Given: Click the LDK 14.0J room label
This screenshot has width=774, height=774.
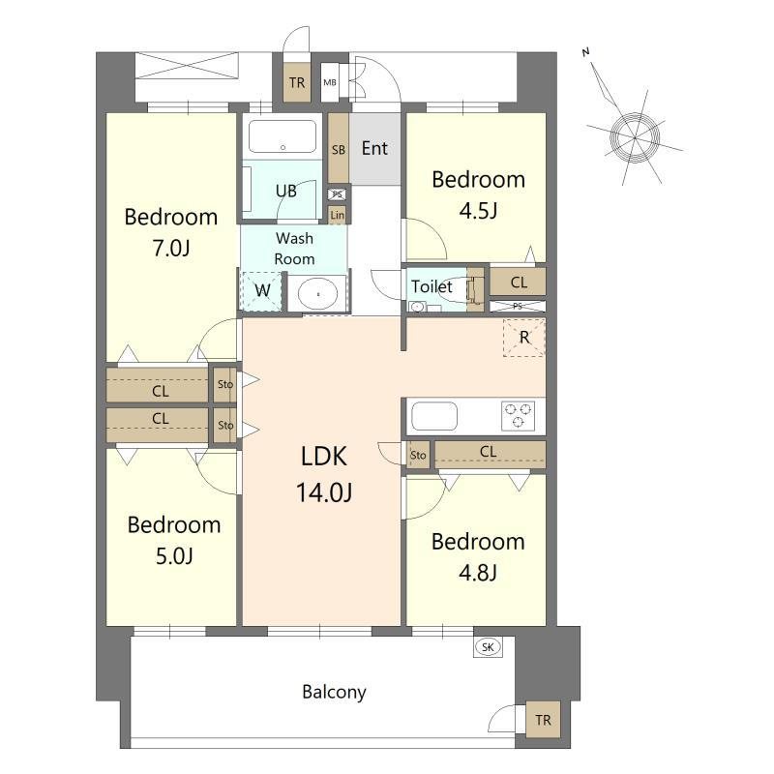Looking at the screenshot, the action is (324, 474).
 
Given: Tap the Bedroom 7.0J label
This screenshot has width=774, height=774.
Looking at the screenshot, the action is (171, 232).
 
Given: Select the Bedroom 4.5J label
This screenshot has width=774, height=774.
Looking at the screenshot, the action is (478, 194).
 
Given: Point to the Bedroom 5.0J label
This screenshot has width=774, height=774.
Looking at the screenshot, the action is (174, 540).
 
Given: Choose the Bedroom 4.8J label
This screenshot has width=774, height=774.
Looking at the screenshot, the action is (478, 557).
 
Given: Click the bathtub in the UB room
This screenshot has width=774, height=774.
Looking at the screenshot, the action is (283, 136).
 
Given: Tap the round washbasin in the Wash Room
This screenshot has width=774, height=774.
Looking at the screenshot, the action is (318, 294).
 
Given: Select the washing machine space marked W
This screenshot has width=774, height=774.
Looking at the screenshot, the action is (261, 291).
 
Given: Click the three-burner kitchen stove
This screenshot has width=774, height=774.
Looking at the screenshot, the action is (518, 416).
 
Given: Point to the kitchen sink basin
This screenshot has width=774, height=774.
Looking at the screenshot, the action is (434, 416).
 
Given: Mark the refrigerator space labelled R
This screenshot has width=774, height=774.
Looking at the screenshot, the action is (524, 338).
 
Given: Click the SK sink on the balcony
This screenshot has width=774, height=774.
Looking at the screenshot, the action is (488, 647).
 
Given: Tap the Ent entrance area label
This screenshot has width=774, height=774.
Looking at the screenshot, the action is (374, 149).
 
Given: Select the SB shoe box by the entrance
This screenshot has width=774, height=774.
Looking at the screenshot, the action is (339, 149).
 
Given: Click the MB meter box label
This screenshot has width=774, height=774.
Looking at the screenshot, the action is (330, 82).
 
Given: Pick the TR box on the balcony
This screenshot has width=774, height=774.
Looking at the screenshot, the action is (543, 720).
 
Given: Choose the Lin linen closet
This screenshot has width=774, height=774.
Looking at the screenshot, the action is (338, 215).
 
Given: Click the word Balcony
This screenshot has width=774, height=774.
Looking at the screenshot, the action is (334, 692).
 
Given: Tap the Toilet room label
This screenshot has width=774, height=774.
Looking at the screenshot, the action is (432, 286).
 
